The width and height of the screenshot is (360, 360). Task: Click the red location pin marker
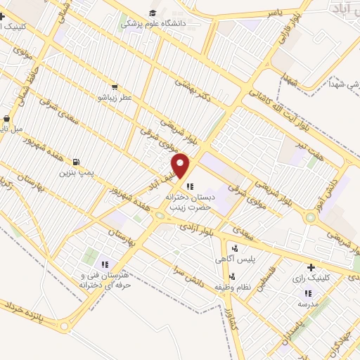pos(181,165)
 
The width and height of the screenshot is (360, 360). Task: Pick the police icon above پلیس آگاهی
pos(235,248)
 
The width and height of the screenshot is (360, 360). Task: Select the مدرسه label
pos(307,304)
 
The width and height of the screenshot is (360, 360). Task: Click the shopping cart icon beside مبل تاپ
pos(7,119)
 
